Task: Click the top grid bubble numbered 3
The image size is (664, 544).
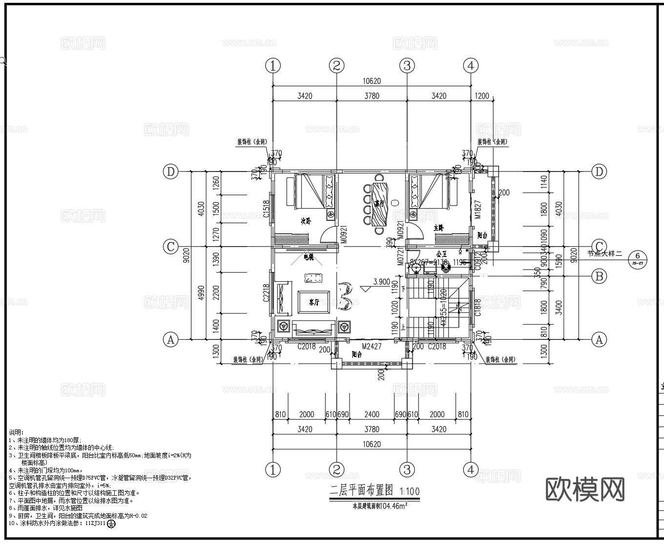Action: (x=407, y=65)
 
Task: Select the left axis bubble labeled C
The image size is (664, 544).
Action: (x=170, y=247)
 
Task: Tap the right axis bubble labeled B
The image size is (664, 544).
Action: (x=599, y=276)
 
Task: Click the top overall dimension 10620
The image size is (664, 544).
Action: (x=371, y=81)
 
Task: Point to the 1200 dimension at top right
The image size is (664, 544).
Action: (x=481, y=96)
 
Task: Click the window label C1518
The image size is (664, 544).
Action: (x=266, y=209)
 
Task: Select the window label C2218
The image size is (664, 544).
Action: (x=266, y=293)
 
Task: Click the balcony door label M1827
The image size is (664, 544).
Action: (x=478, y=210)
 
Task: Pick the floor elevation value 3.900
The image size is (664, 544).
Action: (x=381, y=282)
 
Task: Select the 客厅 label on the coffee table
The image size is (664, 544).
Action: (x=314, y=302)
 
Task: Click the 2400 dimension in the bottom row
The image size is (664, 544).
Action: (x=372, y=414)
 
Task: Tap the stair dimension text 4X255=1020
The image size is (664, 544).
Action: (x=443, y=308)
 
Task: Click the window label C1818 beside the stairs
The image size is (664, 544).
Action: (x=478, y=308)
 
